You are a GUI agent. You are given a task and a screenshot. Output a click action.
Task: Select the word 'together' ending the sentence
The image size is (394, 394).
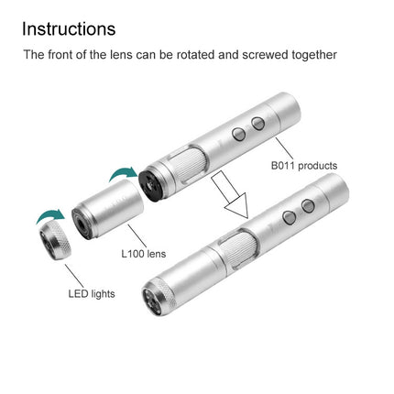tap(312, 55)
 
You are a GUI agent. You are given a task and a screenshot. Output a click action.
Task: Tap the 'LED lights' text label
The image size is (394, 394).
tap(94, 295)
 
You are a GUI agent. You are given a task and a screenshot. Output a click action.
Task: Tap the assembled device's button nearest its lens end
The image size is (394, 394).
tap(288, 218)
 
